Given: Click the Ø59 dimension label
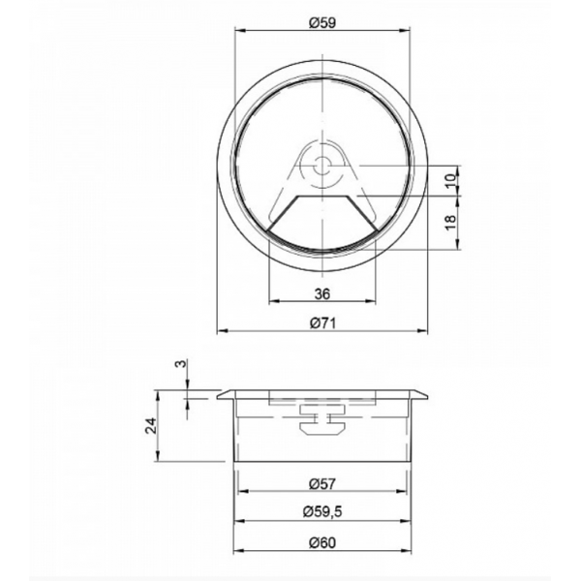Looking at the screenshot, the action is (322, 23).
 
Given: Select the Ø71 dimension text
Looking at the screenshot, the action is (322, 323).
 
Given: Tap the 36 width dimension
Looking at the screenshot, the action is (322, 294).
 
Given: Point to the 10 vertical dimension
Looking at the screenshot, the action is (450, 181).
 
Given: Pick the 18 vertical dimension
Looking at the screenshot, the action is (450, 223).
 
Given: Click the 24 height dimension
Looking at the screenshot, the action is (151, 425).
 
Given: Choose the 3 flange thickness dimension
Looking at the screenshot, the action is (180, 364).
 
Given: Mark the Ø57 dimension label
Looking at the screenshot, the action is (322, 484).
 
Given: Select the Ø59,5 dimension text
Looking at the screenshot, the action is (322, 512).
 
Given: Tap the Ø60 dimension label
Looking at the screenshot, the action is (322, 543).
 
